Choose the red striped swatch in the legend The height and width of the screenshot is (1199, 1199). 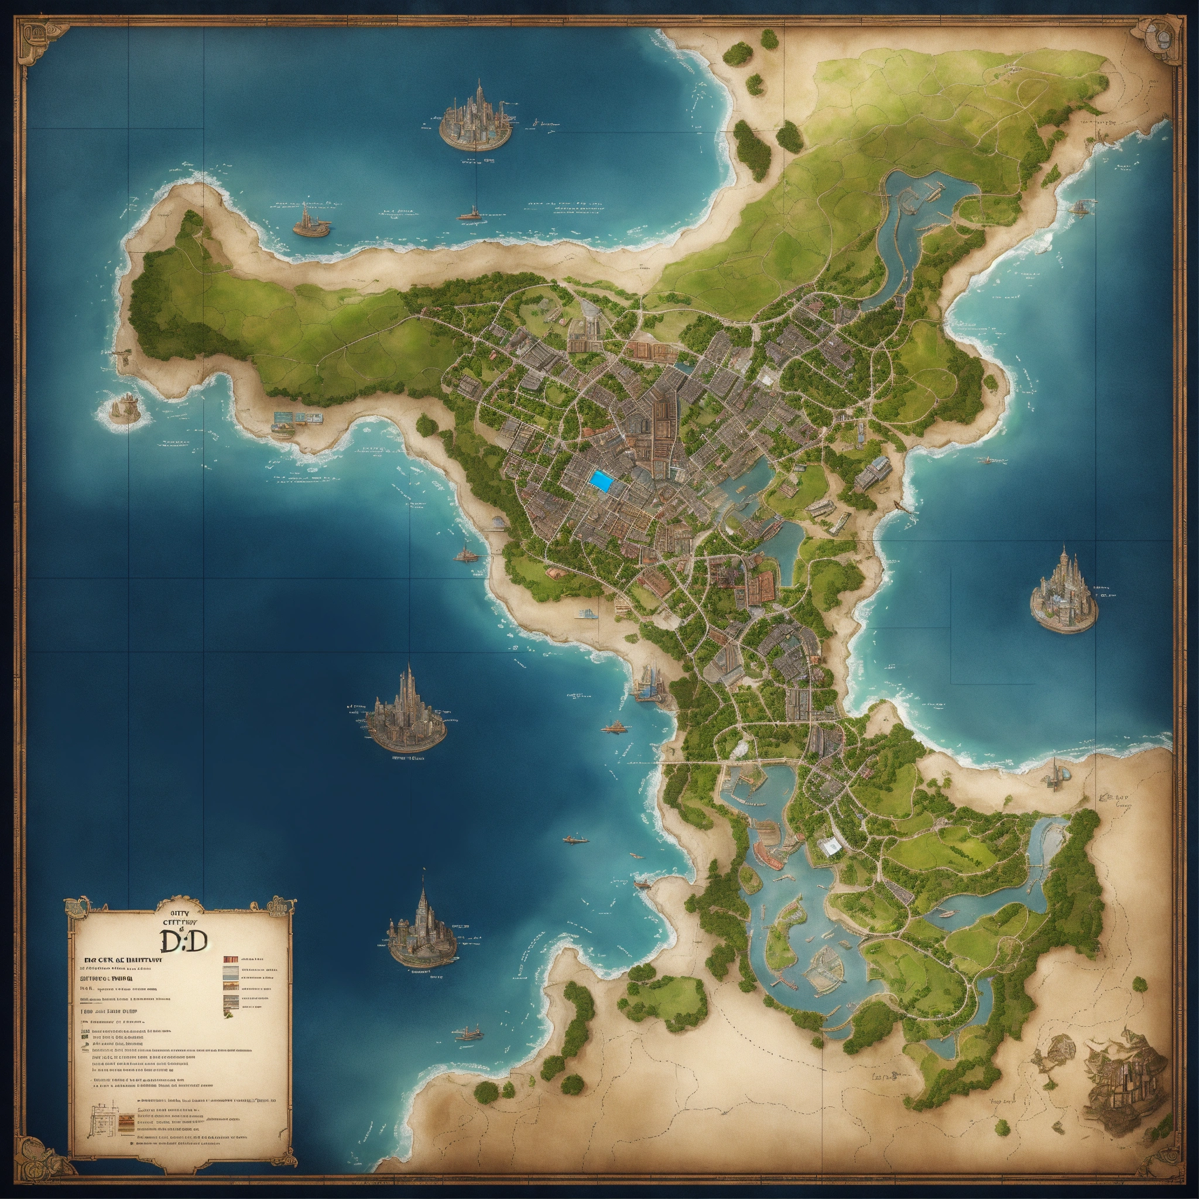point(230,963)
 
